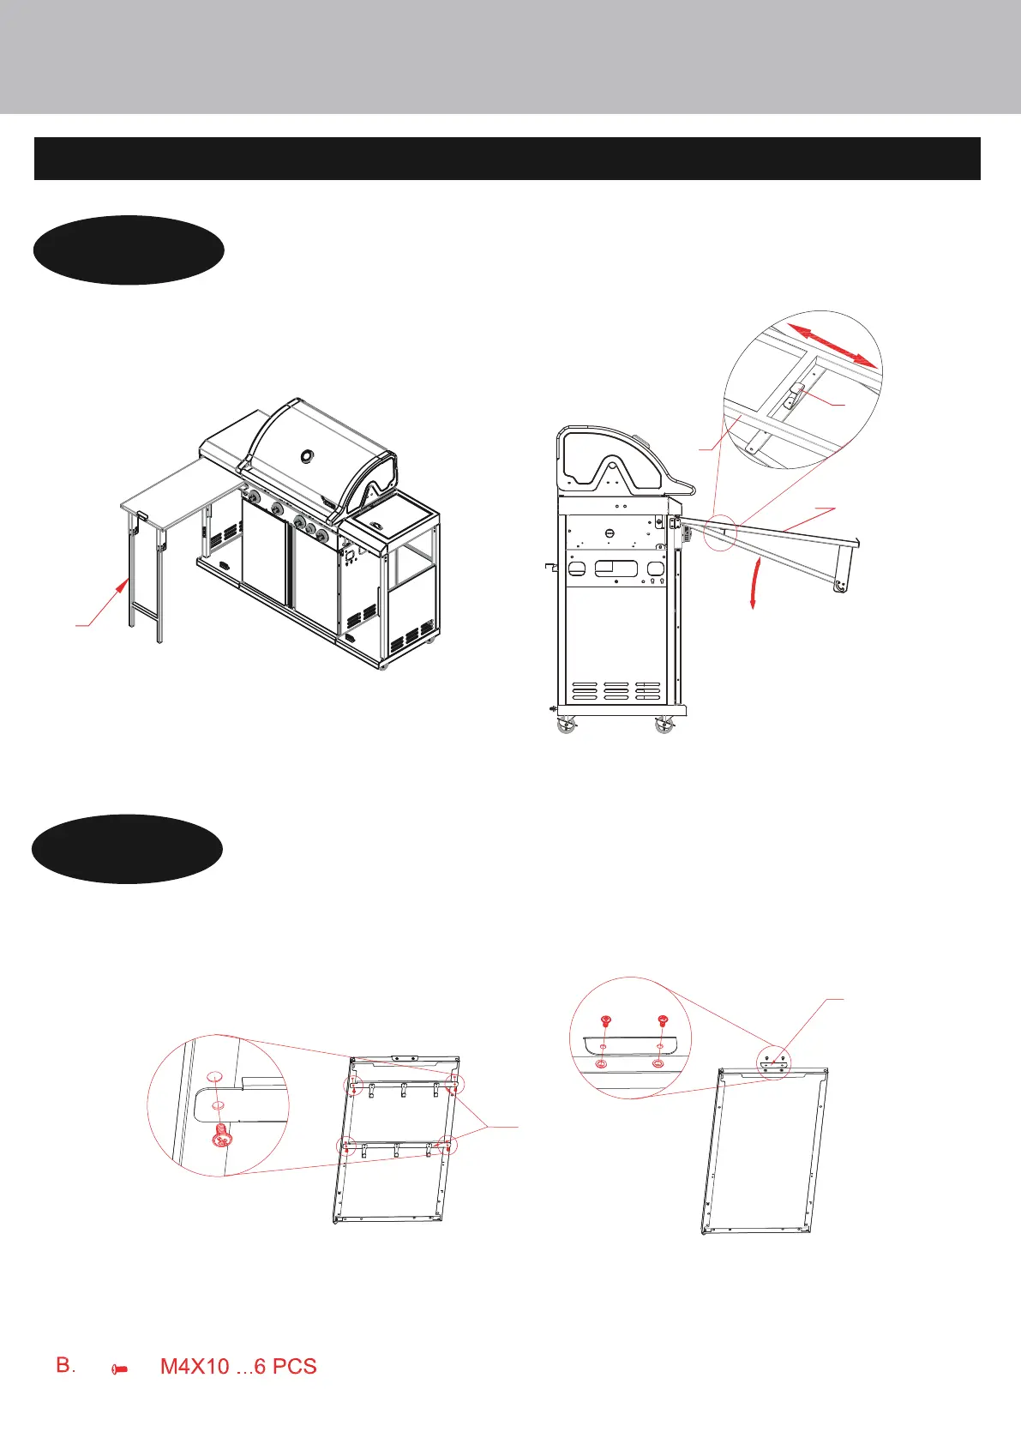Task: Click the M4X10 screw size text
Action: pyautogui.click(x=195, y=1366)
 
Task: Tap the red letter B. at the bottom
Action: pyautogui.click(x=66, y=1365)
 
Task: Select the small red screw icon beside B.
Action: pyautogui.click(x=120, y=1370)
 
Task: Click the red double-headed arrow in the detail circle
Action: pyautogui.click(x=834, y=346)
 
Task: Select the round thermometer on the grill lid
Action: pyautogui.click(x=307, y=454)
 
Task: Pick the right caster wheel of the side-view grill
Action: pyautogui.click(x=664, y=727)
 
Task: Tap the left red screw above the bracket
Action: pyautogui.click(x=605, y=1021)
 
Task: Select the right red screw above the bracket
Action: pyautogui.click(x=661, y=1020)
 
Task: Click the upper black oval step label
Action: pyautogui.click(x=129, y=250)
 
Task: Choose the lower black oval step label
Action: pyautogui.click(x=127, y=848)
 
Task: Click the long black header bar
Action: pyautogui.click(x=507, y=158)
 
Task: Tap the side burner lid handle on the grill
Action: pyautogui.click(x=375, y=523)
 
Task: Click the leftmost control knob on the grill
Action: pyautogui.click(x=253, y=498)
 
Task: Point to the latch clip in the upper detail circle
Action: pyautogui.click(x=795, y=394)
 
